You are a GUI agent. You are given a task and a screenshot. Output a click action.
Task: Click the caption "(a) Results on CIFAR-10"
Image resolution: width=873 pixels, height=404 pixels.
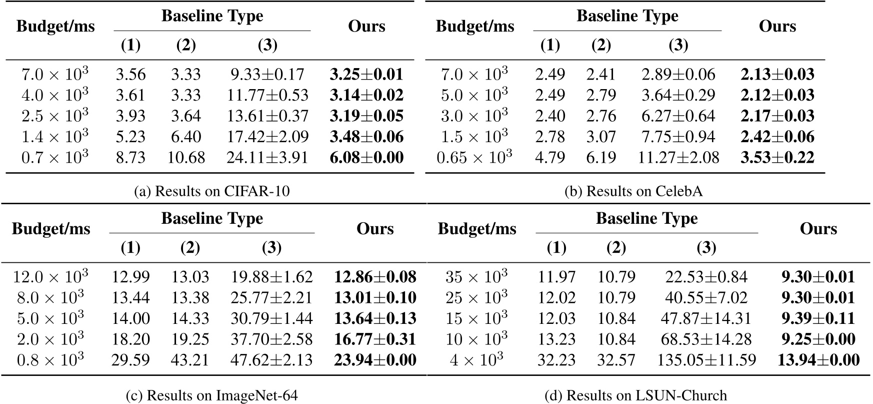coord(212,191)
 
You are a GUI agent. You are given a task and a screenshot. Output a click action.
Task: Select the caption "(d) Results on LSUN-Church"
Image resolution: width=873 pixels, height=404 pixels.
coord(635,395)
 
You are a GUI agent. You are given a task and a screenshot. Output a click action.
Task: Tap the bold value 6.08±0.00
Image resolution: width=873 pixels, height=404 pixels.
coord(366,158)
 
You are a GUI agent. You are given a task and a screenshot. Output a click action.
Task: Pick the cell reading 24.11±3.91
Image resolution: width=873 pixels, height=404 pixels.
coord(267,158)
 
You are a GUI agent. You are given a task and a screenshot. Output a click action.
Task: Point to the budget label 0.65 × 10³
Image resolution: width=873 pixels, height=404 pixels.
coord(474,158)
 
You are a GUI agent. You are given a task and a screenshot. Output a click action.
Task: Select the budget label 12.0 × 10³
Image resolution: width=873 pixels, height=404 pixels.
coord(50,277)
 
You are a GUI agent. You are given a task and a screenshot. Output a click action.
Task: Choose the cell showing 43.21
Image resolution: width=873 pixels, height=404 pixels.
coord(190,360)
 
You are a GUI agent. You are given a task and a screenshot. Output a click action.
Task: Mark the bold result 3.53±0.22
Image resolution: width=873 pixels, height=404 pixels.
coord(777,158)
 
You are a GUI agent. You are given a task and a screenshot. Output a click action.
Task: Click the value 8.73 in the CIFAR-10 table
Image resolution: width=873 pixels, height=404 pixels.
coord(130,158)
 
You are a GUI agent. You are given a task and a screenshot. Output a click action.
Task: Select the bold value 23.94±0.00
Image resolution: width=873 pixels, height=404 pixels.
coord(374,360)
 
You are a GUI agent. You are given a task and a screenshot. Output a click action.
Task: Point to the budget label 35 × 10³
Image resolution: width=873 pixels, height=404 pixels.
coord(476,277)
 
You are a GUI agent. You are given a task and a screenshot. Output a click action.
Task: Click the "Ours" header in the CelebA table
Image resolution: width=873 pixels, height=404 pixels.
coord(777,26)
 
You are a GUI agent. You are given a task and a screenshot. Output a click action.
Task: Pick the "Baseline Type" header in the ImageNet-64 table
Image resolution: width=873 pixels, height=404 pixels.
coord(212,219)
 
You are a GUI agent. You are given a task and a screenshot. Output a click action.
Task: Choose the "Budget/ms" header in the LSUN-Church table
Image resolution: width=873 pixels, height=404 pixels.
coord(477,229)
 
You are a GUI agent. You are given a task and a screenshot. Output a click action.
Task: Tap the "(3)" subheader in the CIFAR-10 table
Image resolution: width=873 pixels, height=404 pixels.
coord(267,46)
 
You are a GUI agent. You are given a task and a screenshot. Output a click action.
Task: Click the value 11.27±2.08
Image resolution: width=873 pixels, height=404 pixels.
coord(678,158)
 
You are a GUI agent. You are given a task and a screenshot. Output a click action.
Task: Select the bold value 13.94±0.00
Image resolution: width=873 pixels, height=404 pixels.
coord(818,360)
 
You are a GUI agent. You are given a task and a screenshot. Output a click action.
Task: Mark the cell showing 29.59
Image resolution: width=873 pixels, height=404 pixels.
coord(130,360)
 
